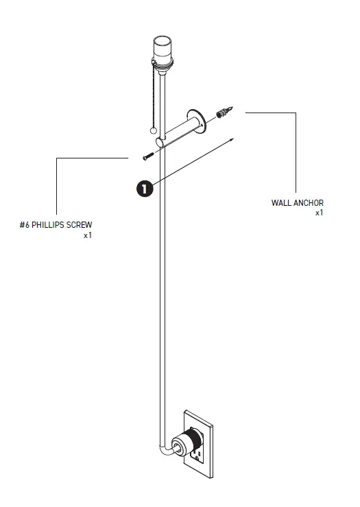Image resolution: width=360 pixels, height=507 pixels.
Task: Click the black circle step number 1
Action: (145, 187)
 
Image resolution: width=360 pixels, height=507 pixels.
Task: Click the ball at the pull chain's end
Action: (154, 130)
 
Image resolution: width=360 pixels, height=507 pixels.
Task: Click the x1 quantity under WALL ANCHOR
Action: (319, 213)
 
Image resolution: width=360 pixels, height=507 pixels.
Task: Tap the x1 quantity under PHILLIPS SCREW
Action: (87, 235)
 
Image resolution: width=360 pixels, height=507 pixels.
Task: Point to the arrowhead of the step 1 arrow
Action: (233, 139)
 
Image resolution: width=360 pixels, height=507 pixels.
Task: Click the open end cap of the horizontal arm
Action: (160, 142)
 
